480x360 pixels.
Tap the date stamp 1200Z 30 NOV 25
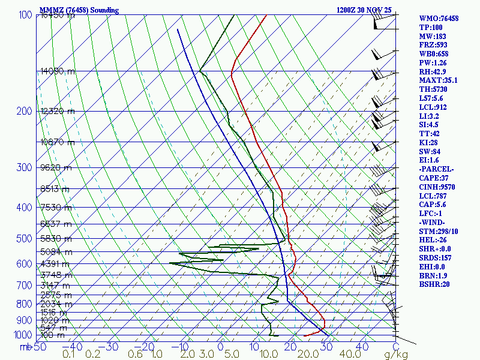(x=365, y=10)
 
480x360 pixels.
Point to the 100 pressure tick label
(x=25, y=15)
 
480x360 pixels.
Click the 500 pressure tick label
(x=25, y=239)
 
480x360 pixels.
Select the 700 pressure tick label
(x=25, y=286)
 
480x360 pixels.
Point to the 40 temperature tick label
(x=362, y=347)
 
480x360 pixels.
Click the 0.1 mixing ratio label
(x=68, y=355)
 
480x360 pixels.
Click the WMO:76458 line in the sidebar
(x=439, y=19)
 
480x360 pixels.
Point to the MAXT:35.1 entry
(x=438, y=80)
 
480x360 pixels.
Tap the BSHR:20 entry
(x=434, y=284)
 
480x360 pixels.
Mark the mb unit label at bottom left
(x=25, y=347)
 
